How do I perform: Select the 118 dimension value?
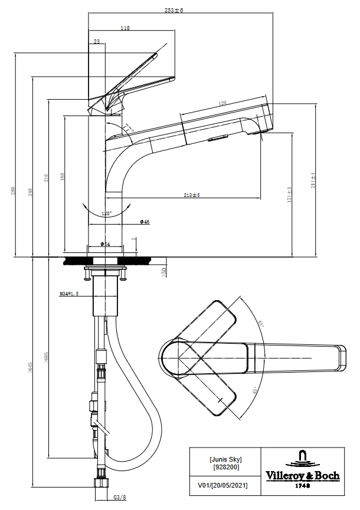click(x=125, y=28)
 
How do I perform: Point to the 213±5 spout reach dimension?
click(x=192, y=195)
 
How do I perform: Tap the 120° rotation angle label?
click(x=107, y=213)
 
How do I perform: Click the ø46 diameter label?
click(x=145, y=222)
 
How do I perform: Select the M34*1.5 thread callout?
click(x=70, y=293)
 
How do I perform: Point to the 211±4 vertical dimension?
click(x=313, y=180)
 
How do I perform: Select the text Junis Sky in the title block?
click(x=226, y=459)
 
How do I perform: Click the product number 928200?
click(x=226, y=466)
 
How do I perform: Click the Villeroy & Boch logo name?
click(x=302, y=476)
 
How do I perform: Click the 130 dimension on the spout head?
click(x=222, y=103)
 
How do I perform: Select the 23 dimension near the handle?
click(x=96, y=41)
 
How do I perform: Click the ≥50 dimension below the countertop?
click(x=163, y=271)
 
